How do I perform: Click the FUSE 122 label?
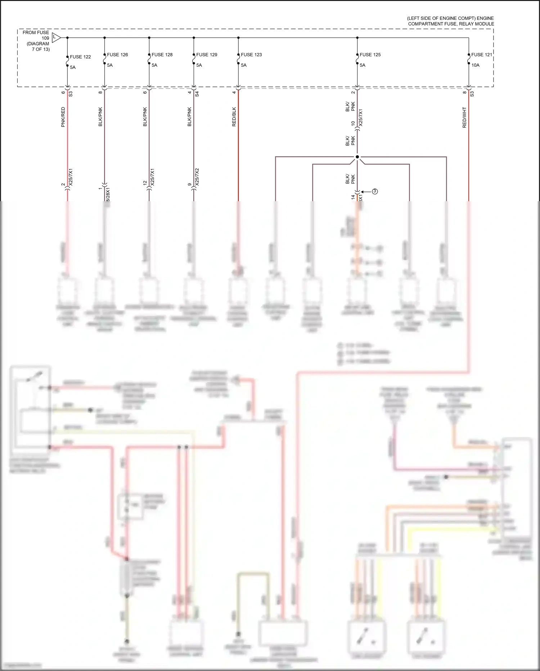pos(80,57)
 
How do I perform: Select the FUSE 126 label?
pos(117,55)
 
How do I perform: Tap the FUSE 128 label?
pos(162,55)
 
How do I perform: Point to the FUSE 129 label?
pos(207,55)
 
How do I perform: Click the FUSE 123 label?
pos(251,55)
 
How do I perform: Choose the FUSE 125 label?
pos(370,55)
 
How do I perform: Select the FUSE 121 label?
pos(481,55)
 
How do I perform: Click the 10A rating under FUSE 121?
pos(475,65)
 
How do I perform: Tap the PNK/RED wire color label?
pos(63,117)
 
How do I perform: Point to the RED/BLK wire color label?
pos(234,117)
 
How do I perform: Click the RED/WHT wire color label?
pos(464,118)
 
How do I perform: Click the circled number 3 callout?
pos(375,191)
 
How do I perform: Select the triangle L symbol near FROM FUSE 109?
pos(55,37)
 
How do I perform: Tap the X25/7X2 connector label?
pos(197,177)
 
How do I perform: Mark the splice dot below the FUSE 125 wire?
pos(357,157)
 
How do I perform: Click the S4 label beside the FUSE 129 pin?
pos(197,94)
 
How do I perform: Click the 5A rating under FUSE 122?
pos(73,67)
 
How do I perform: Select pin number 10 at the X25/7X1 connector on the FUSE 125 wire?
pos(353,123)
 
